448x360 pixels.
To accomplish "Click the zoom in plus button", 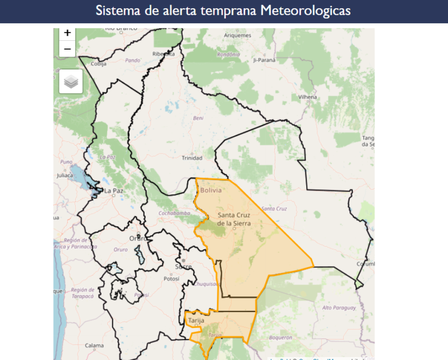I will coord(68,33).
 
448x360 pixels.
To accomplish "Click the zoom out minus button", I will coord(68,49).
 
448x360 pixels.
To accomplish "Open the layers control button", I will coord(71,82).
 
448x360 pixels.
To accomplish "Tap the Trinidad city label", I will coord(192,158).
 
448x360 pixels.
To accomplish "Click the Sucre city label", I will coord(183,267).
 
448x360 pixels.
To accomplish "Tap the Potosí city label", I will coord(171,279).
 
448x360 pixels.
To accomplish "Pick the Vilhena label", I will coord(307,97).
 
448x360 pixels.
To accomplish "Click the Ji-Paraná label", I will coord(264,60).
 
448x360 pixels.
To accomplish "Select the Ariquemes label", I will coord(237,35).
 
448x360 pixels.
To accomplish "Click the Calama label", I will coord(94,345).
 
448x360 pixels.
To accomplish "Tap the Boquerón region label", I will coord(281,337).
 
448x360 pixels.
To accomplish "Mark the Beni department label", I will coord(198,118).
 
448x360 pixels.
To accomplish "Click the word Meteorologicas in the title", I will coord(306,11).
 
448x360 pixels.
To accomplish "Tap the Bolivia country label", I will coord(211,190).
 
